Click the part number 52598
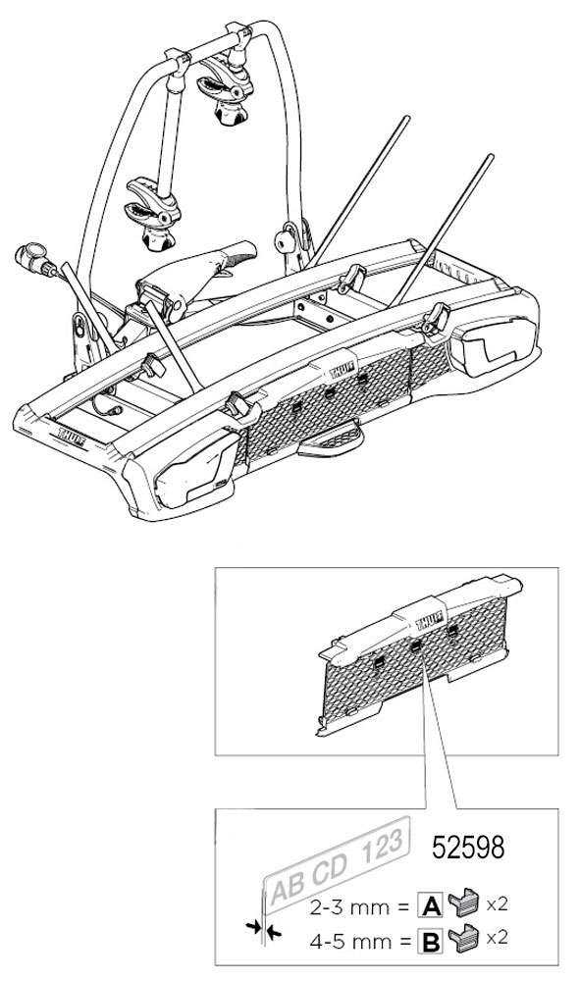coord(468,848)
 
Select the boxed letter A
coord(431,904)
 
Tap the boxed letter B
coord(431,940)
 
